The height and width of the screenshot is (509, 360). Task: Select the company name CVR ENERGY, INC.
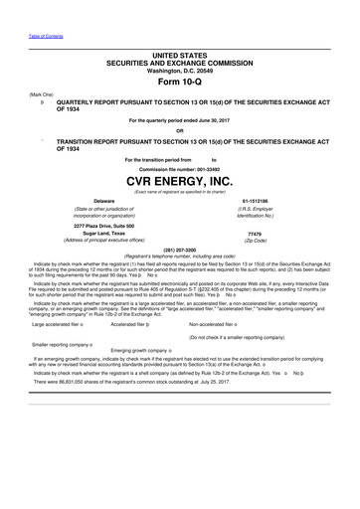pyautogui.click(x=179, y=181)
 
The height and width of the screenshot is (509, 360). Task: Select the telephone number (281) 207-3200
pyautogui.click(x=179, y=249)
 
